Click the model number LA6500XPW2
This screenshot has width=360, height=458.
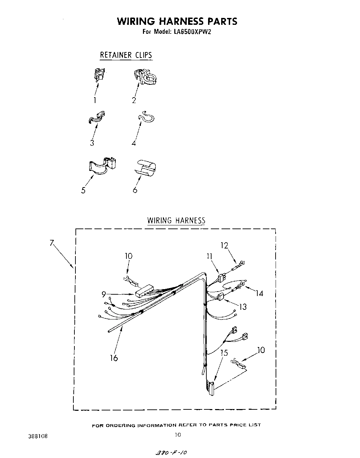pyautogui.click(x=193, y=32)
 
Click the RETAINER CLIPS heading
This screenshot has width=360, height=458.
pyautogui.click(x=126, y=55)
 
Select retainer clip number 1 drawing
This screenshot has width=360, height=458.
pyautogui.click(x=99, y=75)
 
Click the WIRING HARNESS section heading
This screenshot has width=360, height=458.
pyautogui.click(x=176, y=221)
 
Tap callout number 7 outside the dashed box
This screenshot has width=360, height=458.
pyautogui.click(x=52, y=243)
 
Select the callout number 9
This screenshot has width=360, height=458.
pyautogui.click(x=104, y=294)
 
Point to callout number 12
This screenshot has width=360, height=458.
pyautogui.click(x=224, y=245)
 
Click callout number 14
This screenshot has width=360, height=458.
pyautogui.click(x=259, y=293)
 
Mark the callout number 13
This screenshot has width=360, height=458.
pyautogui.click(x=243, y=306)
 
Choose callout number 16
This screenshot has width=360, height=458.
pyautogui.click(x=114, y=358)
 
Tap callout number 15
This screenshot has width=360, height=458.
pyautogui.click(x=224, y=353)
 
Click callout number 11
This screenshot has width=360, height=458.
pyautogui.click(x=209, y=256)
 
